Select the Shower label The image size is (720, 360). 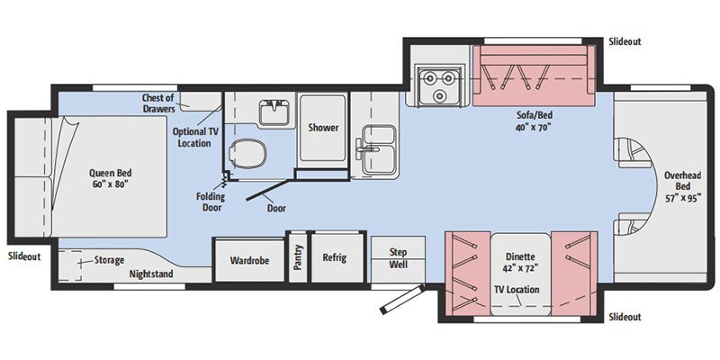(x=323, y=128)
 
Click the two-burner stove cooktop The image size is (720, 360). (x=437, y=84)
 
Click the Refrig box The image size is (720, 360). (x=335, y=257)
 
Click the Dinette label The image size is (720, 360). (x=519, y=262)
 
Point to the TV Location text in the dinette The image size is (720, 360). (x=517, y=290)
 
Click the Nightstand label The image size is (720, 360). (x=150, y=274)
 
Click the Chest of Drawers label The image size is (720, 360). (x=163, y=103)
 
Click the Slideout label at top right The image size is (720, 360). (x=625, y=41)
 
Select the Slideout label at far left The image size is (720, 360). (x=24, y=256)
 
